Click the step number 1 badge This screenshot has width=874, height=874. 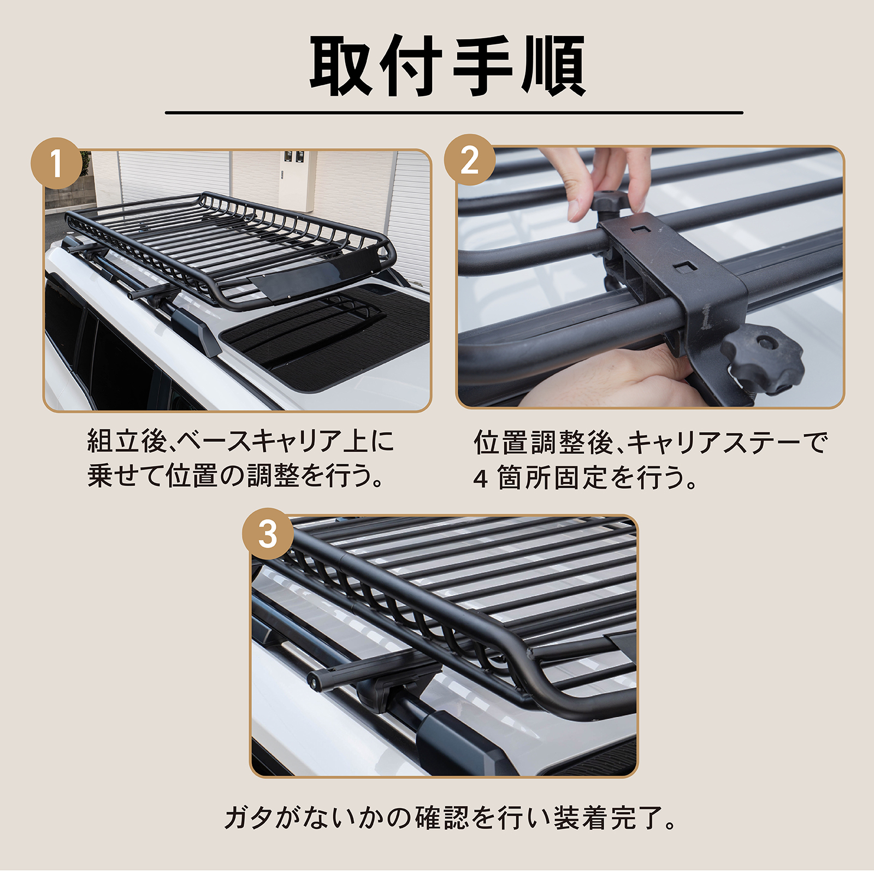[x=57, y=163]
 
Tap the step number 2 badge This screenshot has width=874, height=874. [x=469, y=160]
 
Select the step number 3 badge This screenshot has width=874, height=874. [x=268, y=533]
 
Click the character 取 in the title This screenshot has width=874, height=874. [x=341, y=66]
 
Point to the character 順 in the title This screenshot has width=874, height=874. [x=554, y=66]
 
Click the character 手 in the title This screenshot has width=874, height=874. [x=483, y=66]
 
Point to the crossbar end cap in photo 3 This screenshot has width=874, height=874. [x=315, y=681]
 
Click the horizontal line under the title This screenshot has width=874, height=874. [x=454, y=113]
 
